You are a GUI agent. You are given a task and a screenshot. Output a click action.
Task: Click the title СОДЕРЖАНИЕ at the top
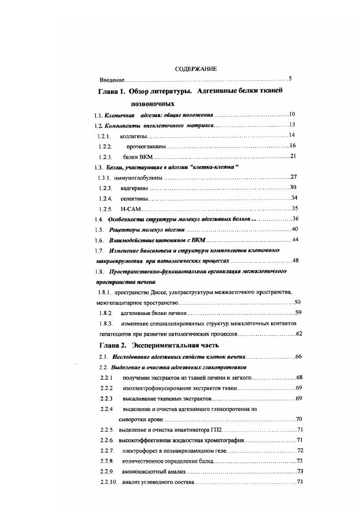click(x=196, y=69)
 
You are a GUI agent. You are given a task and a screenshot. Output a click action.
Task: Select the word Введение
click(x=112, y=80)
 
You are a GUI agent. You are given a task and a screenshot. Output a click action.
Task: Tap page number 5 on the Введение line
click(x=290, y=79)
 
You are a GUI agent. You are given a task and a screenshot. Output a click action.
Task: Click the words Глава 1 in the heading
click(x=112, y=91)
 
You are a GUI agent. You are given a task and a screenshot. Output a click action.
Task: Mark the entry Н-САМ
click(x=131, y=209)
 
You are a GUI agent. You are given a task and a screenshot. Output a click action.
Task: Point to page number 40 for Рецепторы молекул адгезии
click(x=295, y=229)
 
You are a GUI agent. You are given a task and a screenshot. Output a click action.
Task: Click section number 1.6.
click(x=99, y=240)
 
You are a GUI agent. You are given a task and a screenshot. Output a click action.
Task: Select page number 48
click(x=296, y=260)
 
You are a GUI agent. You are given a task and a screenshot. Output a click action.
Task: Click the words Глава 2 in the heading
click(x=112, y=346)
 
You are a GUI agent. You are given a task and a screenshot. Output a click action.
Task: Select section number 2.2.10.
click(x=108, y=482)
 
